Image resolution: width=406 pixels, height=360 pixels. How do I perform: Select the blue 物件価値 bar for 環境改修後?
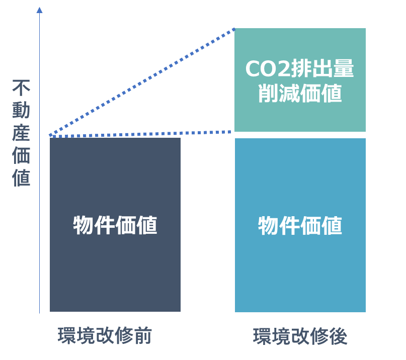300,272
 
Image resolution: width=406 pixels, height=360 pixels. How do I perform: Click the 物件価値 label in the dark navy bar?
115,225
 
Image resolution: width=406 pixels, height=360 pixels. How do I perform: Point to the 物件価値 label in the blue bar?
300,225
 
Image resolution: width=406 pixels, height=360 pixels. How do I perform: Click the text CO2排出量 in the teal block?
300,69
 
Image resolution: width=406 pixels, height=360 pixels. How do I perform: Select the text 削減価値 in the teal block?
300,94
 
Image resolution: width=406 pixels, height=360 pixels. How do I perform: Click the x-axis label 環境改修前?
105,336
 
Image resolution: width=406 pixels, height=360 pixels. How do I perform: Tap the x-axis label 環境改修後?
300,336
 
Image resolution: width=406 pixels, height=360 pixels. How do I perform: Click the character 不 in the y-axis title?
22,89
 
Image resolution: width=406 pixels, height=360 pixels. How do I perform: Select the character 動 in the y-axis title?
22,112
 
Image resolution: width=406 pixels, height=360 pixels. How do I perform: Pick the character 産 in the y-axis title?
22,134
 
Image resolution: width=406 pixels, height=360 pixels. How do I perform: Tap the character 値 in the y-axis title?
22,178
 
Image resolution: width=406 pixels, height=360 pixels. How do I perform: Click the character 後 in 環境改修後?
339,336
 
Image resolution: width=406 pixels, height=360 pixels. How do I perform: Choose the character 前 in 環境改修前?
144,336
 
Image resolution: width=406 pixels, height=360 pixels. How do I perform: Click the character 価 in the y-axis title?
22,156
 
